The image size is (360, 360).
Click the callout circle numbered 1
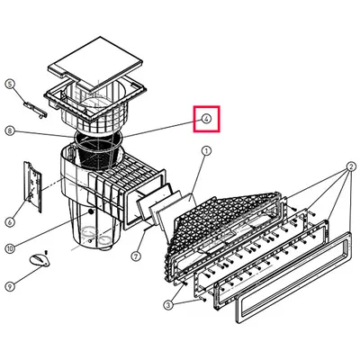(x=206, y=151)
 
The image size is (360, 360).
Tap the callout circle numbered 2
(x=351, y=166)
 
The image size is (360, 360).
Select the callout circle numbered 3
(x=168, y=305)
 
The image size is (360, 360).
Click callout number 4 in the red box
(x=206, y=119)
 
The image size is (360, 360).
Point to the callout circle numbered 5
(x=11, y=85)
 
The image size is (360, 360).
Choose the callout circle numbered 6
(x=10, y=222)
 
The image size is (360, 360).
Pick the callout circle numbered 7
(x=136, y=256)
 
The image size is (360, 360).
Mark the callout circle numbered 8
(x=10, y=130)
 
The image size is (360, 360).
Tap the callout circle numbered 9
(x=10, y=286)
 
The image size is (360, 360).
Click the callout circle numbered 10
(x=10, y=248)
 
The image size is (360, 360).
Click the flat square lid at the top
(x=94, y=63)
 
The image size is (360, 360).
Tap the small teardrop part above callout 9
(x=40, y=260)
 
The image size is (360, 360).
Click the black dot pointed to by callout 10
(x=90, y=212)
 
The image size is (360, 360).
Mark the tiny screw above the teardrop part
(x=46, y=252)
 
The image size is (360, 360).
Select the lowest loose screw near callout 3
(x=204, y=300)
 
